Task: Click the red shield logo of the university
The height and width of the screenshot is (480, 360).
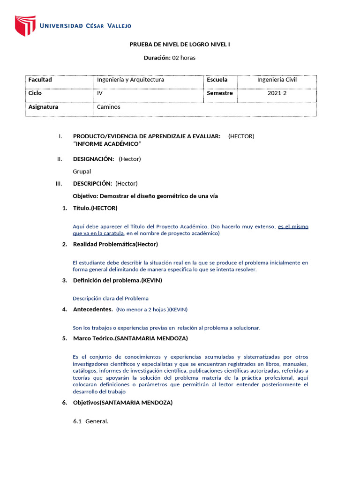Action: [25, 25]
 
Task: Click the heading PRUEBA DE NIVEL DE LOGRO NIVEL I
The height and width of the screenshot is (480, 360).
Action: [180, 45]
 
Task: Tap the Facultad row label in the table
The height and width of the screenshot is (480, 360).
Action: [40, 80]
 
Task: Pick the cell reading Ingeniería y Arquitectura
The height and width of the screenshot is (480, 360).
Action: [130, 80]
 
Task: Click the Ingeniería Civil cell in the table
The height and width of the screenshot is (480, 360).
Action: [277, 80]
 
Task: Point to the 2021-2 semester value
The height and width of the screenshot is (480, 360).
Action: [277, 93]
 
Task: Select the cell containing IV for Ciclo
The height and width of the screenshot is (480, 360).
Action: [100, 93]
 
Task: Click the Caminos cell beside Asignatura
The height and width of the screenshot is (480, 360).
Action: [108, 107]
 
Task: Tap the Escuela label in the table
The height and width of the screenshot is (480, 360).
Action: [217, 80]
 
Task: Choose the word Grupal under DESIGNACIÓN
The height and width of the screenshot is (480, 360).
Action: [82, 171]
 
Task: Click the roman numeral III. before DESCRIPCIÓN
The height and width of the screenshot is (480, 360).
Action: [59, 183]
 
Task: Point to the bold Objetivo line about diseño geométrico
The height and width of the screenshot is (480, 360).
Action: [145, 196]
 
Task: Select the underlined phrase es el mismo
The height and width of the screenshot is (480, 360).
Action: [293, 226]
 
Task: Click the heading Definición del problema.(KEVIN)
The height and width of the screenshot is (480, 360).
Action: [117, 280]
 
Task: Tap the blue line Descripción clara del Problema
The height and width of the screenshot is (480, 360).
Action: [111, 298]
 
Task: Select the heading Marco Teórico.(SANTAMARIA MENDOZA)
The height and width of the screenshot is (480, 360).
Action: [130, 338]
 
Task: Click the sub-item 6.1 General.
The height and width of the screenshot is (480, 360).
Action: [90, 421]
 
